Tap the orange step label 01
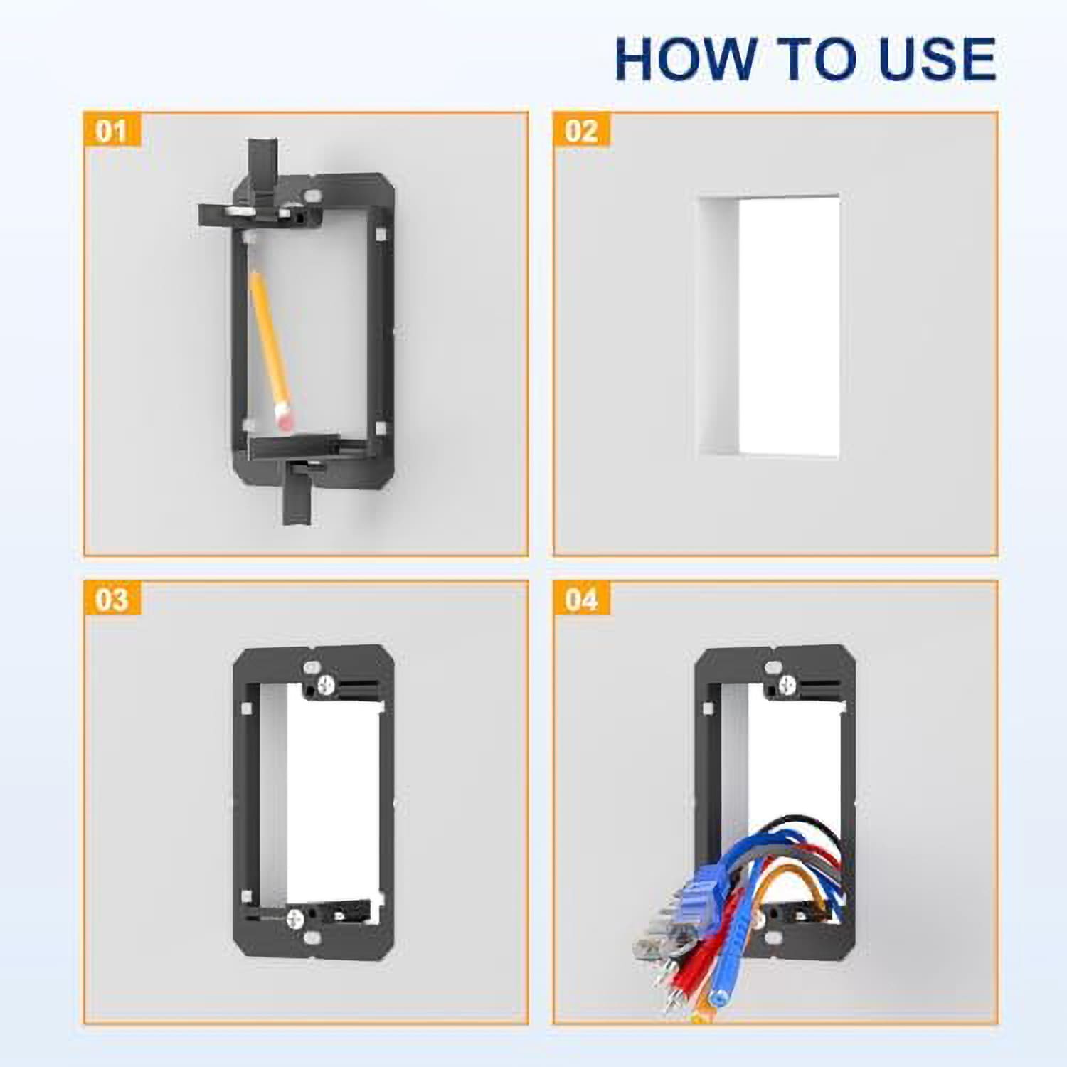[x=112, y=131]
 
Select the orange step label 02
[x=581, y=131]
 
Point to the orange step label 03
[x=112, y=600]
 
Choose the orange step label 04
[x=581, y=600]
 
